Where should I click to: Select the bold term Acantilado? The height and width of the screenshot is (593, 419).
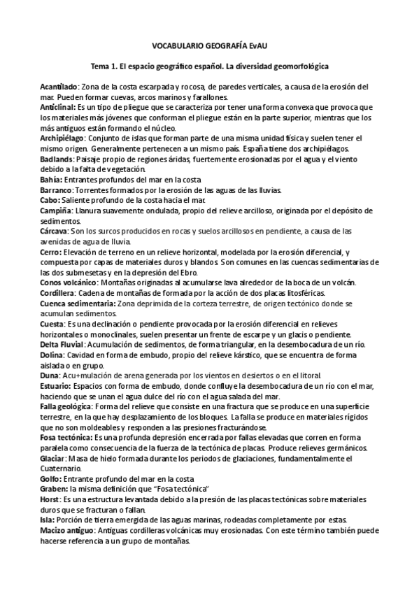point(58,86)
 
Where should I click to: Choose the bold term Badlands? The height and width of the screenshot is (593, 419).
point(56,160)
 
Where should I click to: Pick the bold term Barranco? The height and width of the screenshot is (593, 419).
point(56,190)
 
